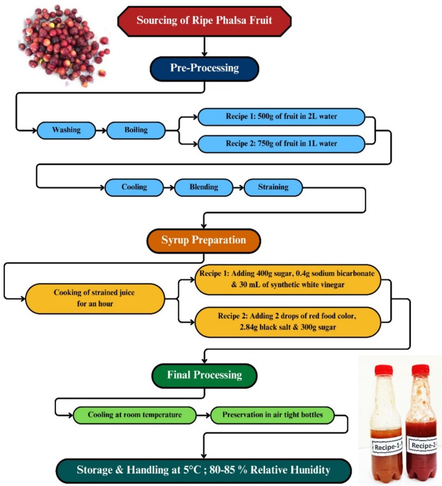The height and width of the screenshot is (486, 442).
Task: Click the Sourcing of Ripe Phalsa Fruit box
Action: pos(204,21)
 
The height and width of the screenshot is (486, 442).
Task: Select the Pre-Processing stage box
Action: pos(204,69)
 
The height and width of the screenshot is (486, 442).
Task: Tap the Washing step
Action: pos(66,130)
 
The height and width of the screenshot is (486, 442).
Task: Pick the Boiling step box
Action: pos(136,130)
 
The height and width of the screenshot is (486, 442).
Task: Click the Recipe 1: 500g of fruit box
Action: pos(281,117)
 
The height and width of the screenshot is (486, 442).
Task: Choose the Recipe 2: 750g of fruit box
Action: pos(281,144)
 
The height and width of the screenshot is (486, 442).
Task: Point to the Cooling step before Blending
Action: pos(134,187)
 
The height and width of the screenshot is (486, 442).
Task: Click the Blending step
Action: pos(204,187)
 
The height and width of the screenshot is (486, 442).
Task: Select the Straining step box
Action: pos(273,187)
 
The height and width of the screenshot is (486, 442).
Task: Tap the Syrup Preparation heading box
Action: pos(204,241)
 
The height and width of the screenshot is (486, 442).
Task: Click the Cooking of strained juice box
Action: pos(95,298)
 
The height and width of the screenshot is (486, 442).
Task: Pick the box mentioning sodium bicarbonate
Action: pos(287,279)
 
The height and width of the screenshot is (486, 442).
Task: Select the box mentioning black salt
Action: pos(287,322)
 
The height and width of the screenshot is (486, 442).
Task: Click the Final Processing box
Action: pos(204,375)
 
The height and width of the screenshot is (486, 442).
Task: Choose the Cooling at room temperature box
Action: pos(135,415)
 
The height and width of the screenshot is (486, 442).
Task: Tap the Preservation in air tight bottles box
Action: pos(272,415)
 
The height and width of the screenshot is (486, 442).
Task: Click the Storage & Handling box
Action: pos(203,470)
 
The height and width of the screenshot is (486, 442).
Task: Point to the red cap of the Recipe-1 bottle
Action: pos(383,370)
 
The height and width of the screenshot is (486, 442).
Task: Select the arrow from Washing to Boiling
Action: pos(101,130)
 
